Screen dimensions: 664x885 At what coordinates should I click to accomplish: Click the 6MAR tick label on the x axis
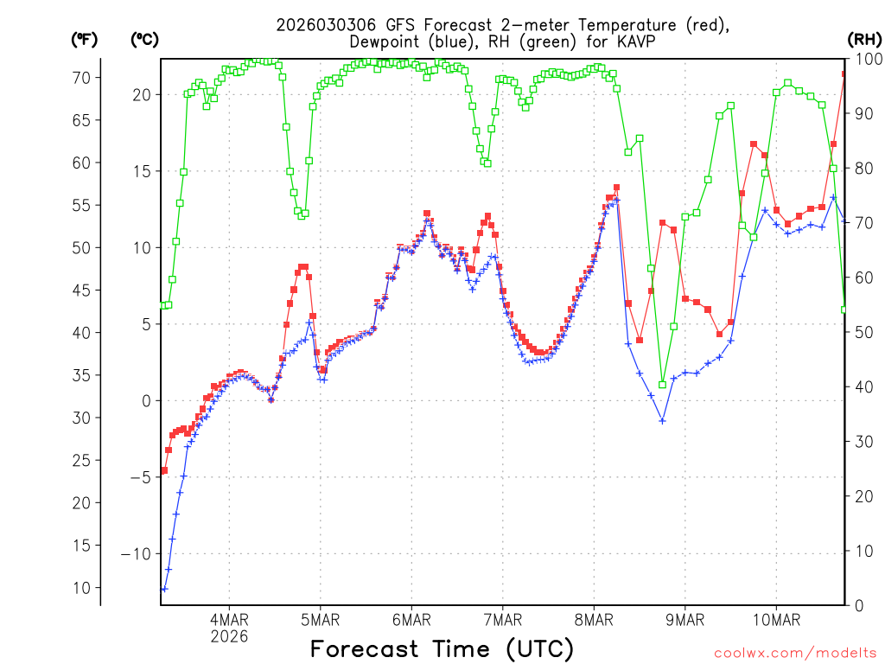pyautogui.click(x=411, y=620)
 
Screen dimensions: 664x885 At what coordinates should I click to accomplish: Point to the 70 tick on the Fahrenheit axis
pyautogui.click(x=80, y=77)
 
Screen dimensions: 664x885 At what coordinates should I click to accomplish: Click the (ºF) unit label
pyautogui.click(x=85, y=39)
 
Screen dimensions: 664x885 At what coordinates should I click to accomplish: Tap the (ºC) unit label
pyautogui.click(x=145, y=39)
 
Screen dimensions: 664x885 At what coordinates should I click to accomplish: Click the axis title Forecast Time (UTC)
pyautogui.click(x=442, y=648)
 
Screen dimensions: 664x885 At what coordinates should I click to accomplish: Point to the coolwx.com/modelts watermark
pyautogui.click(x=795, y=652)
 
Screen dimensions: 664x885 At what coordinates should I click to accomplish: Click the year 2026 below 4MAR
pyautogui.click(x=229, y=636)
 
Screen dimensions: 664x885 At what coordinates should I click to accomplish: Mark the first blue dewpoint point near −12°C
pyautogui.click(x=164, y=589)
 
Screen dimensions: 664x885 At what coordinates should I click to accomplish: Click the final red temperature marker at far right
pyautogui.click(x=844, y=74)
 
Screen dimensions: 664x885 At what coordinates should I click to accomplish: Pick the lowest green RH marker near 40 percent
pyautogui.click(x=662, y=385)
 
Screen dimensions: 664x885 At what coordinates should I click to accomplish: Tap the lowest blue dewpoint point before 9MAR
pyautogui.click(x=662, y=421)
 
